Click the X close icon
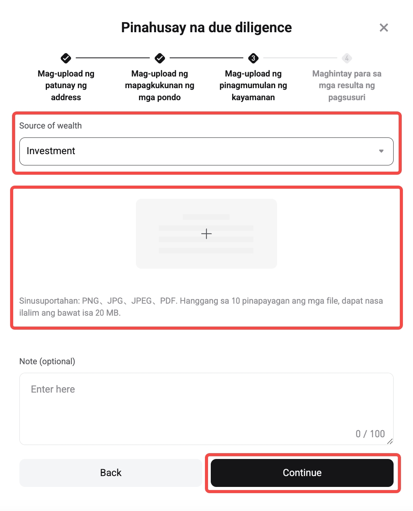click(x=383, y=28)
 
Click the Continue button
click(x=302, y=473)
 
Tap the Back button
click(x=111, y=473)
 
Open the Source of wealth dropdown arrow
click(x=381, y=151)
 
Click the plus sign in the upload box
click(x=206, y=233)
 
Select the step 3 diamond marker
click(x=253, y=58)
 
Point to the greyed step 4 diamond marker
click(x=347, y=58)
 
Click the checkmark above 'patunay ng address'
click(x=66, y=58)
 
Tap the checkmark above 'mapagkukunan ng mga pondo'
click(x=160, y=58)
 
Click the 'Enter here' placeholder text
click(x=53, y=389)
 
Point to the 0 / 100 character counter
click(x=370, y=434)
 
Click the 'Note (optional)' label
click(x=47, y=361)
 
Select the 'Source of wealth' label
click(x=50, y=125)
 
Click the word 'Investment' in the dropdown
click(x=51, y=151)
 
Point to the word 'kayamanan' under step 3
click(x=253, y=97)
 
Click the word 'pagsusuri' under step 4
click(x=347, y=97)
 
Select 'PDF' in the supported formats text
click(x=168, y=301)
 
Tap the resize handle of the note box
click(x=390, y=441)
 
